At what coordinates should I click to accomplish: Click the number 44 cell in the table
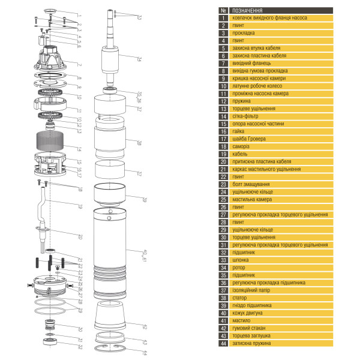[x=223, y=343]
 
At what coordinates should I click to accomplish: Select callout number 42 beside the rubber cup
[x=145, y=326]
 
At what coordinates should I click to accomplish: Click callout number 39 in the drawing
[x=145, y=199]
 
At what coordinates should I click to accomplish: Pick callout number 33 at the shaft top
[x=139, y=17]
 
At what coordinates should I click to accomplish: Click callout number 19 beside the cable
[x=79, y=206]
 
